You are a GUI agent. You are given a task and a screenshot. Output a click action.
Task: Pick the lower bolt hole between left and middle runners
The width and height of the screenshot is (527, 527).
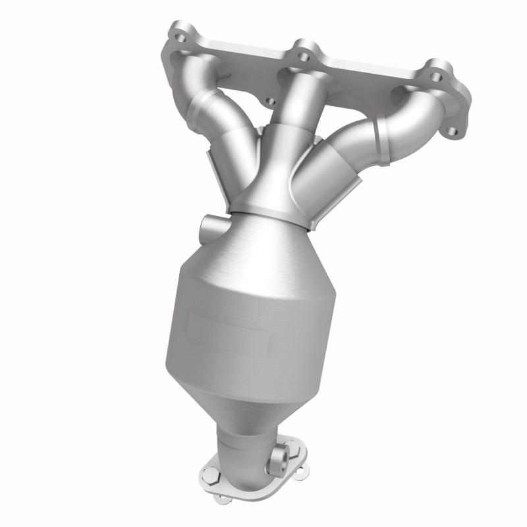tap(269, 102)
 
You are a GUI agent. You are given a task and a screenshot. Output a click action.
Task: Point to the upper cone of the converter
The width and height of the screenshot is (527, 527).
tap(263, 250)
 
